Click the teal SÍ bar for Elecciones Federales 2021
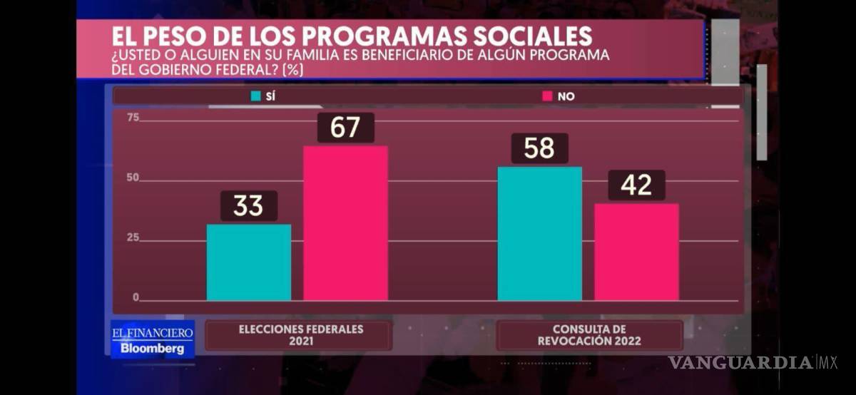point(249,262)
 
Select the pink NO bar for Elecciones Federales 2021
point(346,222)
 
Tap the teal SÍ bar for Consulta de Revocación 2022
point(539,233)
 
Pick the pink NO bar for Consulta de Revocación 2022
point(636,251)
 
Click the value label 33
point(248,206)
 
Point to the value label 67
point(345,128)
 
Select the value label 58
point(539,148)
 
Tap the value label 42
point(636,185)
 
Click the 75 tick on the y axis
point(133,118)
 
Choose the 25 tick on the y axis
point(133,237)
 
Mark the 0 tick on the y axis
point(136,297)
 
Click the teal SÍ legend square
point(255,96)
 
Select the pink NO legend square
point(548,96)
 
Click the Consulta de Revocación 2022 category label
point(589,335)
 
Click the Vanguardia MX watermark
point(753,362)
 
